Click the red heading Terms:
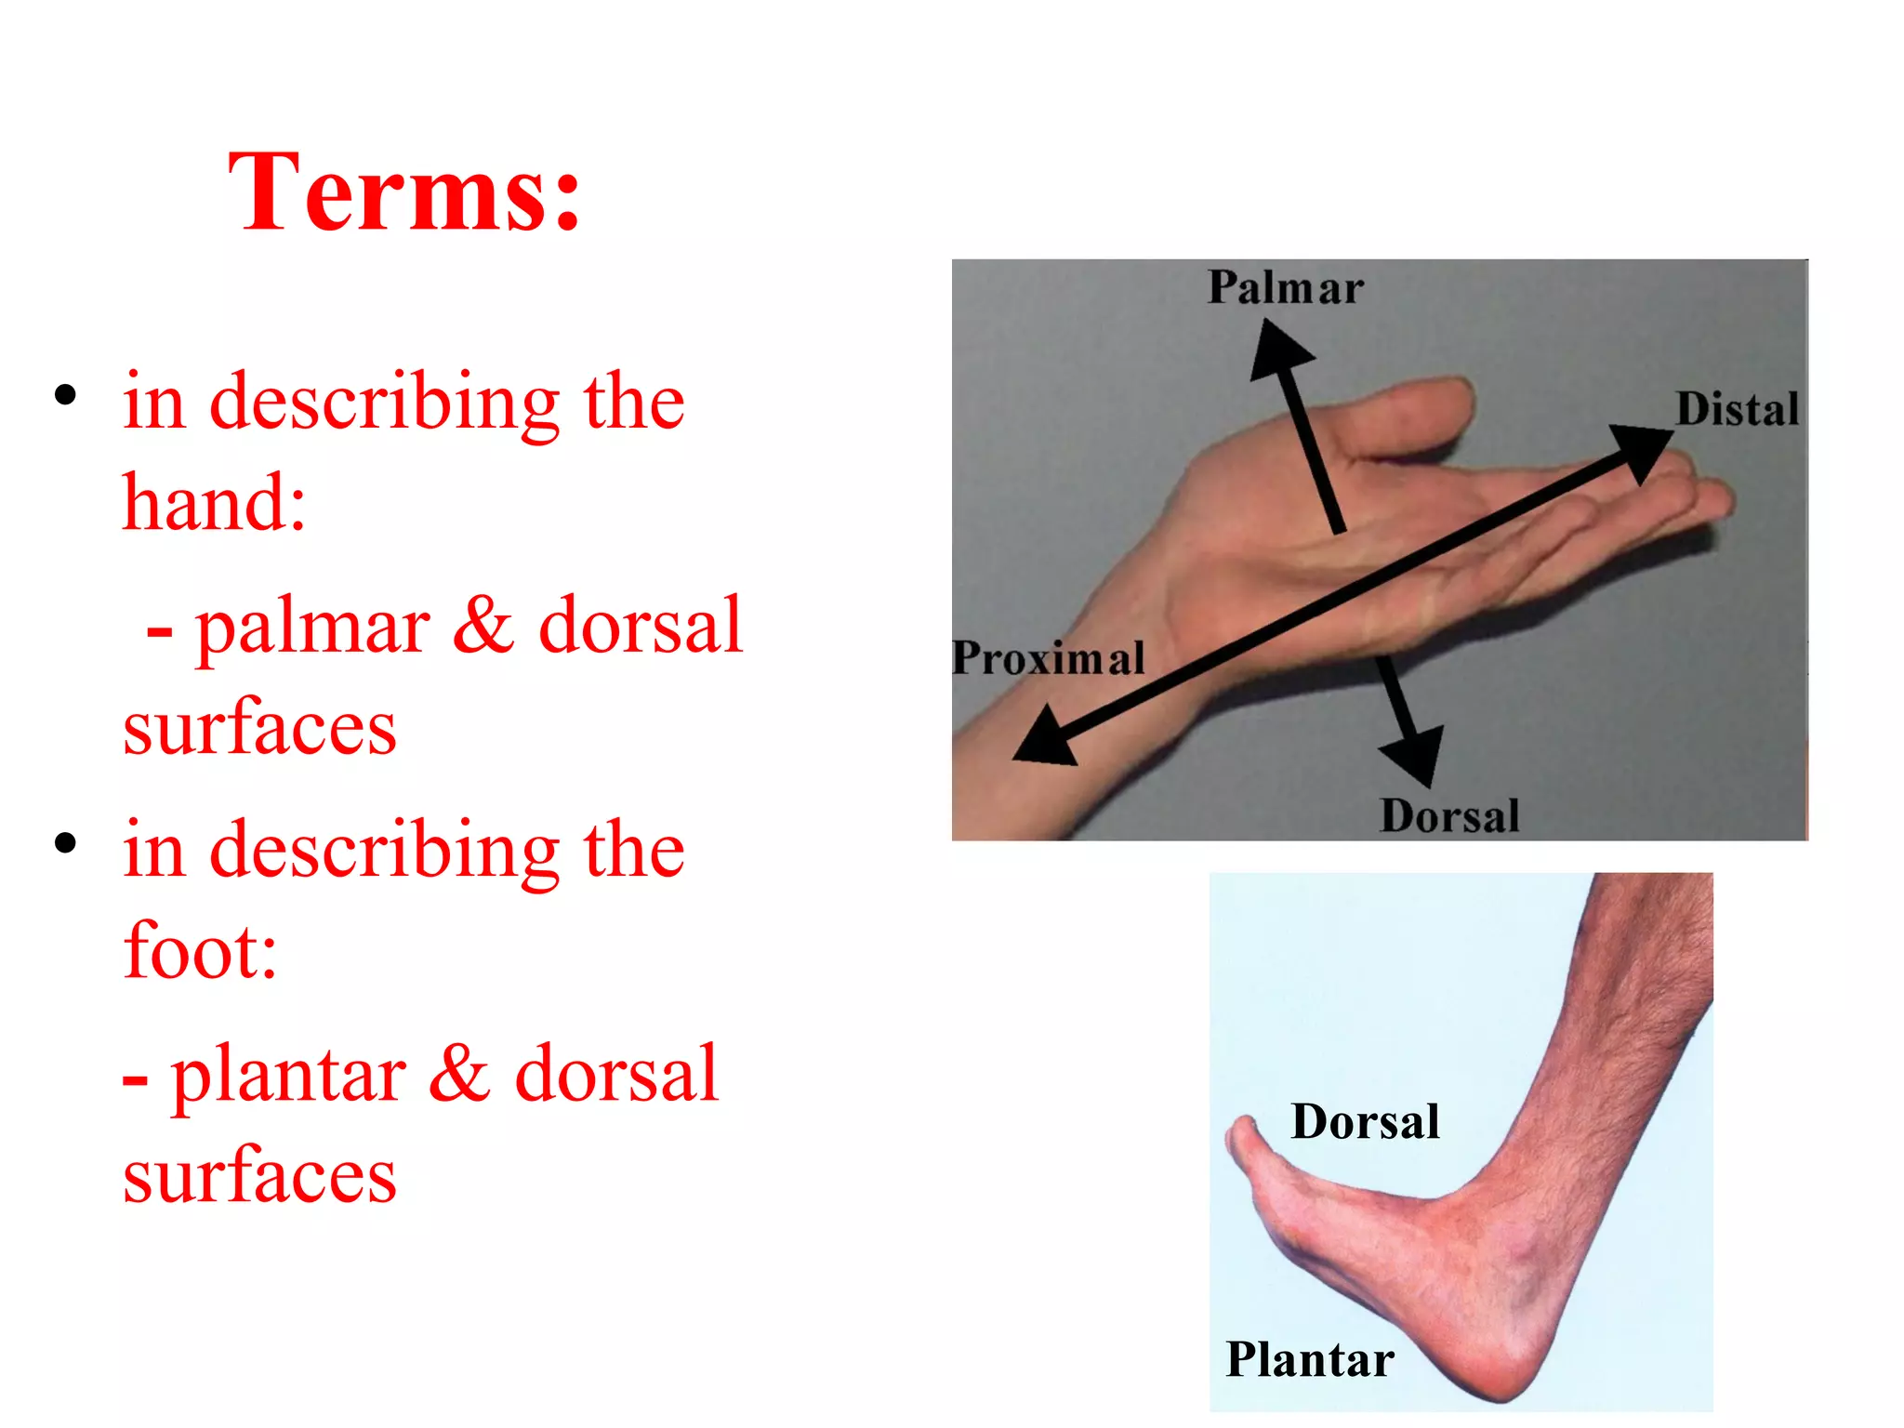[x=404, y=193]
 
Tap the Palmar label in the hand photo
[x=1285, y=287]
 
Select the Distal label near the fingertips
[x=1737, y=410]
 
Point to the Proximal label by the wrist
[x=1049, y=658]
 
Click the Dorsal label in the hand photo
[x=1448, y=816]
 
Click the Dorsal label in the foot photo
[x=1365, y=1121]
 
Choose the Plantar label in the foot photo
[x=1309, y=1359]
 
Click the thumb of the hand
[x=1422, y=409]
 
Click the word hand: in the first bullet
[x=214, y=503]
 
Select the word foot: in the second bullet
[x=200, y=951]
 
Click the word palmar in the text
[x=312, y=628]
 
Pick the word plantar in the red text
[x=288, y=1076]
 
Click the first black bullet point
[x=65, y=396]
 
